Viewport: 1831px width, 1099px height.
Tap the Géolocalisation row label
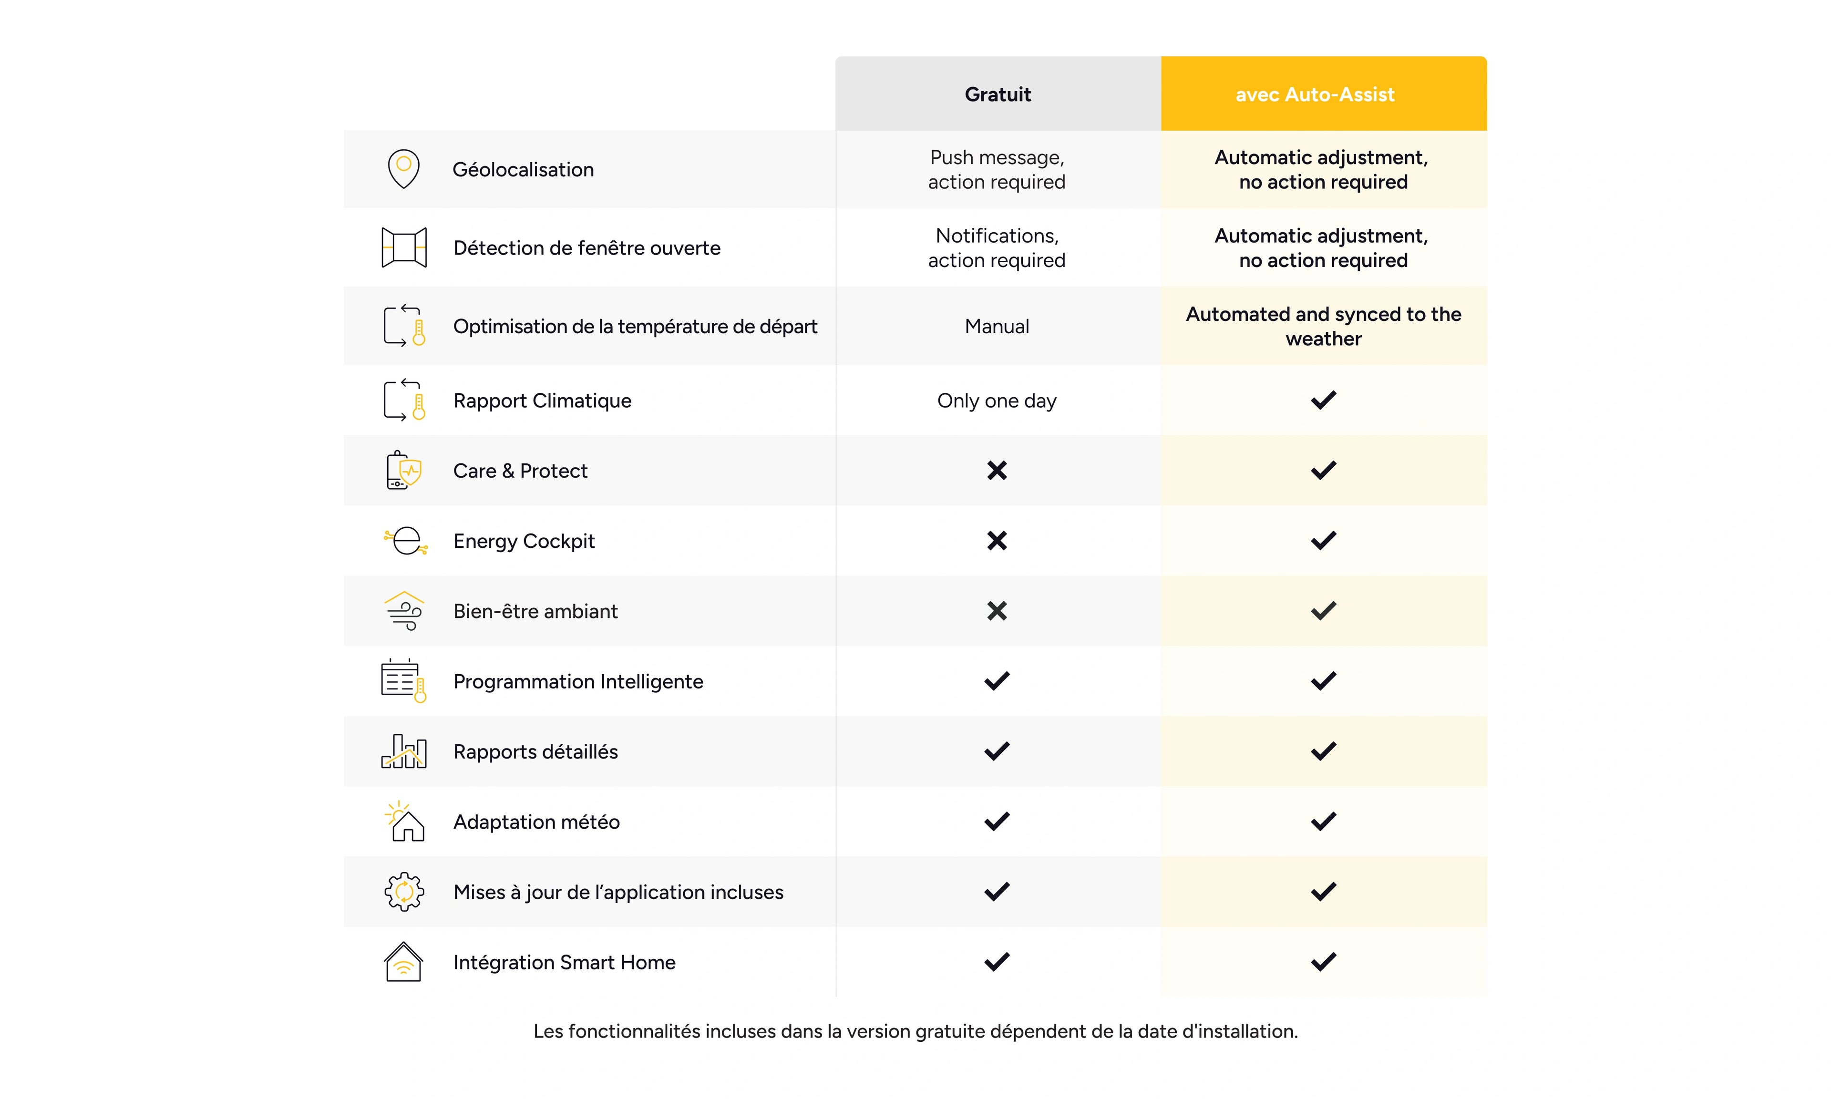(523, 170)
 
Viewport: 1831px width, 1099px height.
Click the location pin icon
(403, 169)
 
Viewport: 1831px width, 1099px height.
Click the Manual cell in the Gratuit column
(997, 327)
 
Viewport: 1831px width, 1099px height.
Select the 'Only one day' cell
(997, 401)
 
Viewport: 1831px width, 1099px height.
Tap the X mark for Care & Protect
(997, 470)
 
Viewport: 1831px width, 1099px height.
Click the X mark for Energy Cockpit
(997, 541)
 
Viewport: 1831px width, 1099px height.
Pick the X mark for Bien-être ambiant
(997, 611)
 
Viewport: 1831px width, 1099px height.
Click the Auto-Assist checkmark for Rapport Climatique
(1323, 401)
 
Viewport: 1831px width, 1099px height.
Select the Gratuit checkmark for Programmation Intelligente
(997, 680)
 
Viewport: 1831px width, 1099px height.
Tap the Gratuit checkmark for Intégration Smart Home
(997, 962)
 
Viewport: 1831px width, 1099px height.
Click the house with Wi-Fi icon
(403, 962)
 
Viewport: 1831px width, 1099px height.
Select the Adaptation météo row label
(536, 822)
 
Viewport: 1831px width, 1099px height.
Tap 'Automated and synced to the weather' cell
(1323, 327)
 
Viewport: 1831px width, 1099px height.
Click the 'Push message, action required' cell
(997, 170)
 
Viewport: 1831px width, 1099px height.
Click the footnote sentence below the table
(915, 1032)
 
